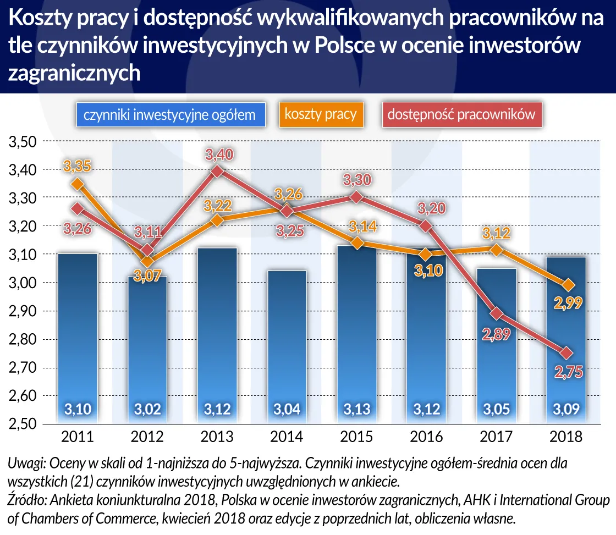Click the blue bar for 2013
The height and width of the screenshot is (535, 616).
[217, 335]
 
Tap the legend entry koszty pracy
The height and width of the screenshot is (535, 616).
[321, 115]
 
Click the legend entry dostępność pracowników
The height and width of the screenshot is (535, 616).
[461, 115]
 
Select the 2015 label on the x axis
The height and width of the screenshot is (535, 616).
[357, 438]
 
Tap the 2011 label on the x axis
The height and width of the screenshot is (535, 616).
[78, 438]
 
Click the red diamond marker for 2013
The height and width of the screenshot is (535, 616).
[217, 172]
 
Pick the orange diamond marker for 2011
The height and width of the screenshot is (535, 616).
[78, 184]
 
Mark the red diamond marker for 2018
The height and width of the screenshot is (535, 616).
[566, 353]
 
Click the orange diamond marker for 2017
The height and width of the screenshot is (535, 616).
[497, 250]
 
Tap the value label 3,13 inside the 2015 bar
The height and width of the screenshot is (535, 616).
[357, 409]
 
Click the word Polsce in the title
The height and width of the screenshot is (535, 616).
[343, 46]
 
